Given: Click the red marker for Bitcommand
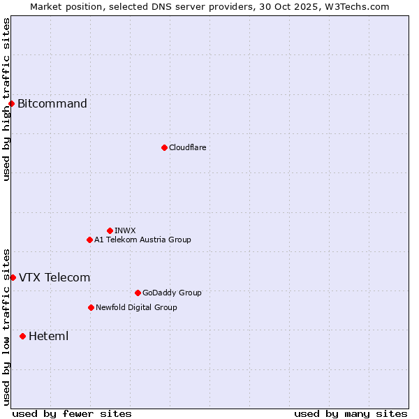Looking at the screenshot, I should click(11, 104).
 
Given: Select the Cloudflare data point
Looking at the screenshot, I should click(164, 147).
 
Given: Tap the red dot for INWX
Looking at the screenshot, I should click(110, 230).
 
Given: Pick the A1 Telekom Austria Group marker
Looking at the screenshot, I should click(89, 240).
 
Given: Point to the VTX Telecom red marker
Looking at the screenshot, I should click(13, 277).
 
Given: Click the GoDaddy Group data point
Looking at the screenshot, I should click(138, 293).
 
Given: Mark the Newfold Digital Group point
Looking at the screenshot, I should click(91, 307).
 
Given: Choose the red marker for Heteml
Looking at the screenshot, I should click(22, 336).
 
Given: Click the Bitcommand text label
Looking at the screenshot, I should click(52, 104).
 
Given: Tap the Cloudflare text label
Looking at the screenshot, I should click(187, 147).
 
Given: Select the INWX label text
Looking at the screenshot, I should click(125, 230).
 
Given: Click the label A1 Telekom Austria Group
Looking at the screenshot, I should click(142, 240).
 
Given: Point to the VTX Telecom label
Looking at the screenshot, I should click(54, 277).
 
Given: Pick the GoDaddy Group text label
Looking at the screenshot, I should click(172, 293).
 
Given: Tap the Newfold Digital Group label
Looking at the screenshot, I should click(136, 307).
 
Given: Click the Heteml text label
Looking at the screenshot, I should click(48, 336).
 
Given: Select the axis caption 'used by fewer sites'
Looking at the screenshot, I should click(72, 413).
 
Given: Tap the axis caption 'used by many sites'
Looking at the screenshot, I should click(351, 413).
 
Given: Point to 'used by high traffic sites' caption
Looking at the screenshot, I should click(6, 99).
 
